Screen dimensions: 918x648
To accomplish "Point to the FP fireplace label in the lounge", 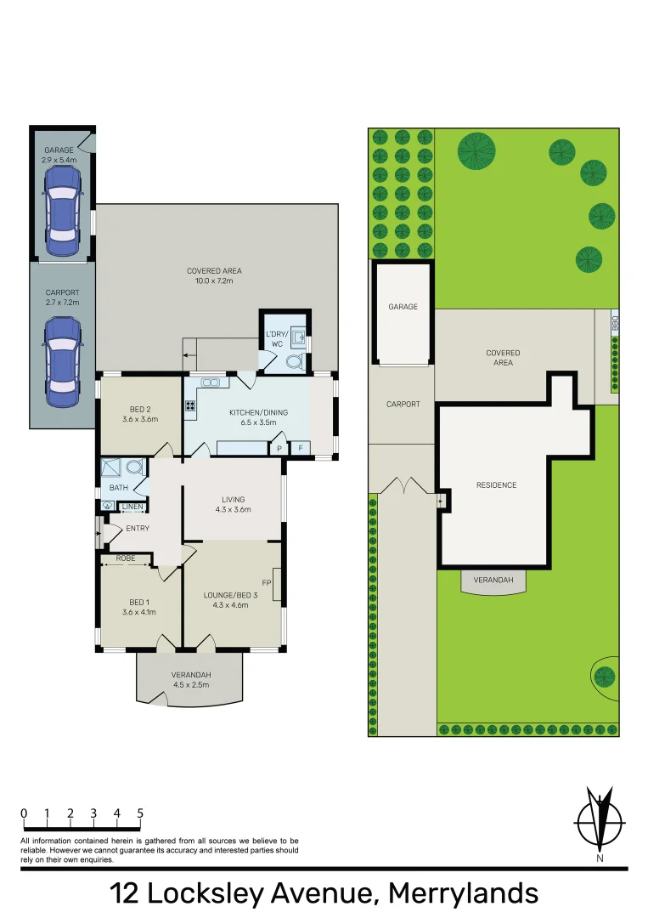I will coord(266,583).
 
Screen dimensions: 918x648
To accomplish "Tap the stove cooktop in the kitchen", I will coord(189,406).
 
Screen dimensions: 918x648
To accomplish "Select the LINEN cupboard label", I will coord(132,507).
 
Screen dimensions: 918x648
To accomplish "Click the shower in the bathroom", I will coord(111,467).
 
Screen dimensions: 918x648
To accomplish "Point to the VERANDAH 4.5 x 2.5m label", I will coord(191,680).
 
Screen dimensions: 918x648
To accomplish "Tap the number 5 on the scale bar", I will coord(139,813).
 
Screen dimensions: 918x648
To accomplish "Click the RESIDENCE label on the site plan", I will coord(496,485).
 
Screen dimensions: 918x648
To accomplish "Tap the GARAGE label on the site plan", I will coord(403,307).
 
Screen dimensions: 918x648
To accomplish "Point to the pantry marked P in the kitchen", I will coord(279,447).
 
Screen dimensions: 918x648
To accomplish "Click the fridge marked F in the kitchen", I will coord(299,447).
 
